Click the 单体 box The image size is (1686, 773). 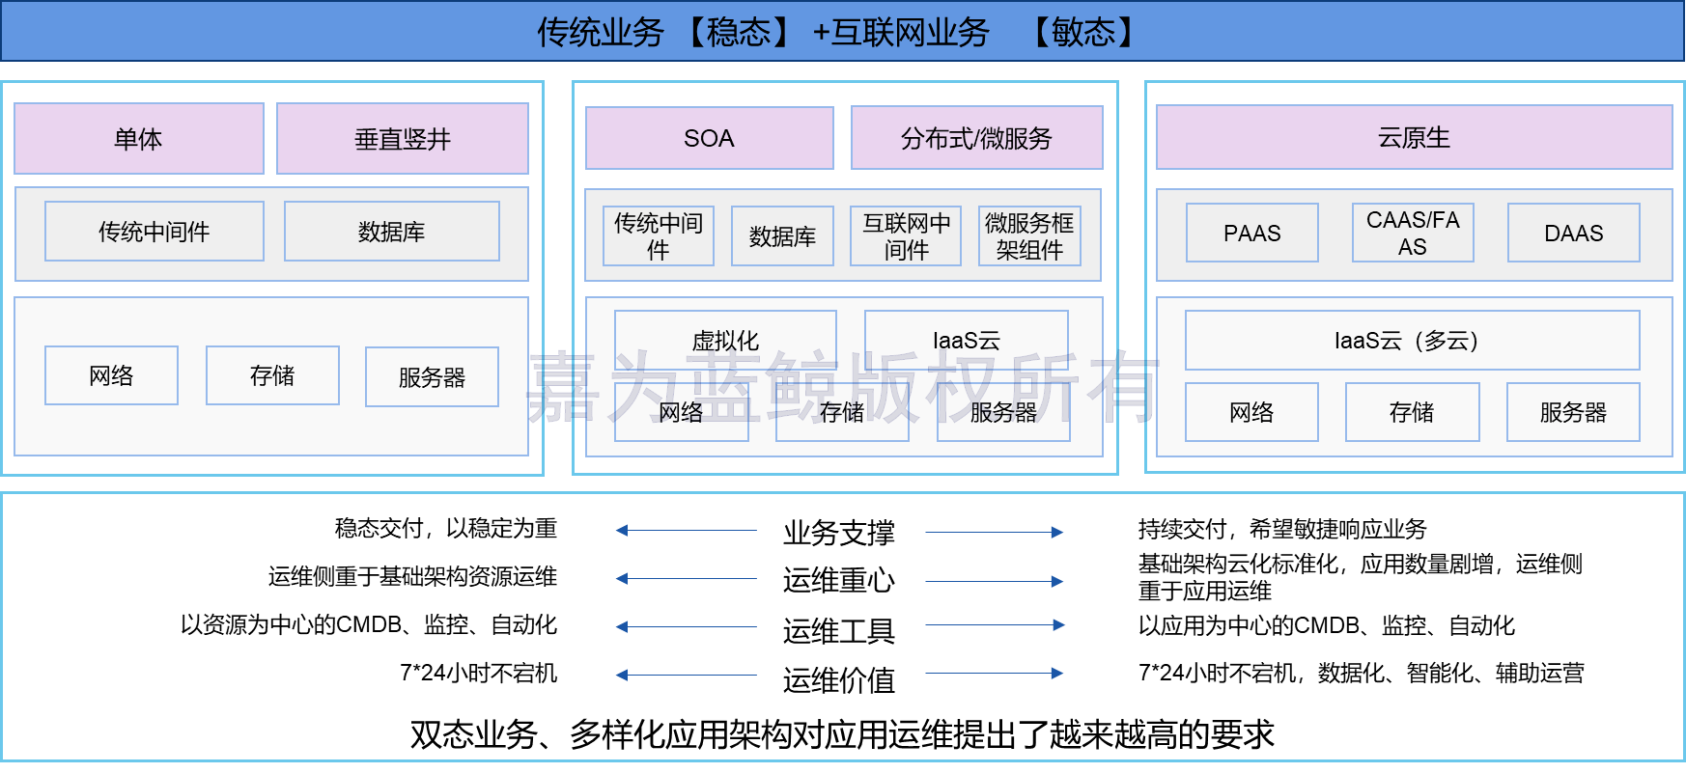pyautogui.click(x=139, y=139)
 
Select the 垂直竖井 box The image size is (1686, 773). pyautogui.click(x=403, y=139)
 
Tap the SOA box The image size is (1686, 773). pyautogui.click(x=709, y=138)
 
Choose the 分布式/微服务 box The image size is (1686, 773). pyautogui.click(x=976, y=138)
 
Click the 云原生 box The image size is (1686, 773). pyautogui.click(x=1414, y=137)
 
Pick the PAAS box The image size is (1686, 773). pyautogui.click(x=1251, y=233)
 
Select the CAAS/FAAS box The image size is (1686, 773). pyautogui.click(x=1413, y=233)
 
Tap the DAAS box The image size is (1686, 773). pyautogui.click(x=1573, y=233)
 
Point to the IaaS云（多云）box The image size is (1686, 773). pyautogui.click(x=1412, y=340)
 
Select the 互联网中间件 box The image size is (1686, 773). pyautogui.click(x=906, y=236)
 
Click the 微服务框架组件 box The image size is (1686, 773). pyautogui.click(x=1029, y=236)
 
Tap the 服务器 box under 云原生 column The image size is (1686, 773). pyautogui.click(x=1573, y=412)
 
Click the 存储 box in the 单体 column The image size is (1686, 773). pyautogui.click(x=272, y=375)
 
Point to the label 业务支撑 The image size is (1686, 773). pyautogui.click(x=839, y=533)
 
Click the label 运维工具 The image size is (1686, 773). pyautogui.click(x=839, y=631)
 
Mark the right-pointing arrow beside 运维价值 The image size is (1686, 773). pyautogui.click(x=995, y=674)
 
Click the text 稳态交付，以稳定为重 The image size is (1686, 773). pyautogui.click(x=446, y=528)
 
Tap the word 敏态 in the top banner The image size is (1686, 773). pyautogui.click(x=1083, y=32)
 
